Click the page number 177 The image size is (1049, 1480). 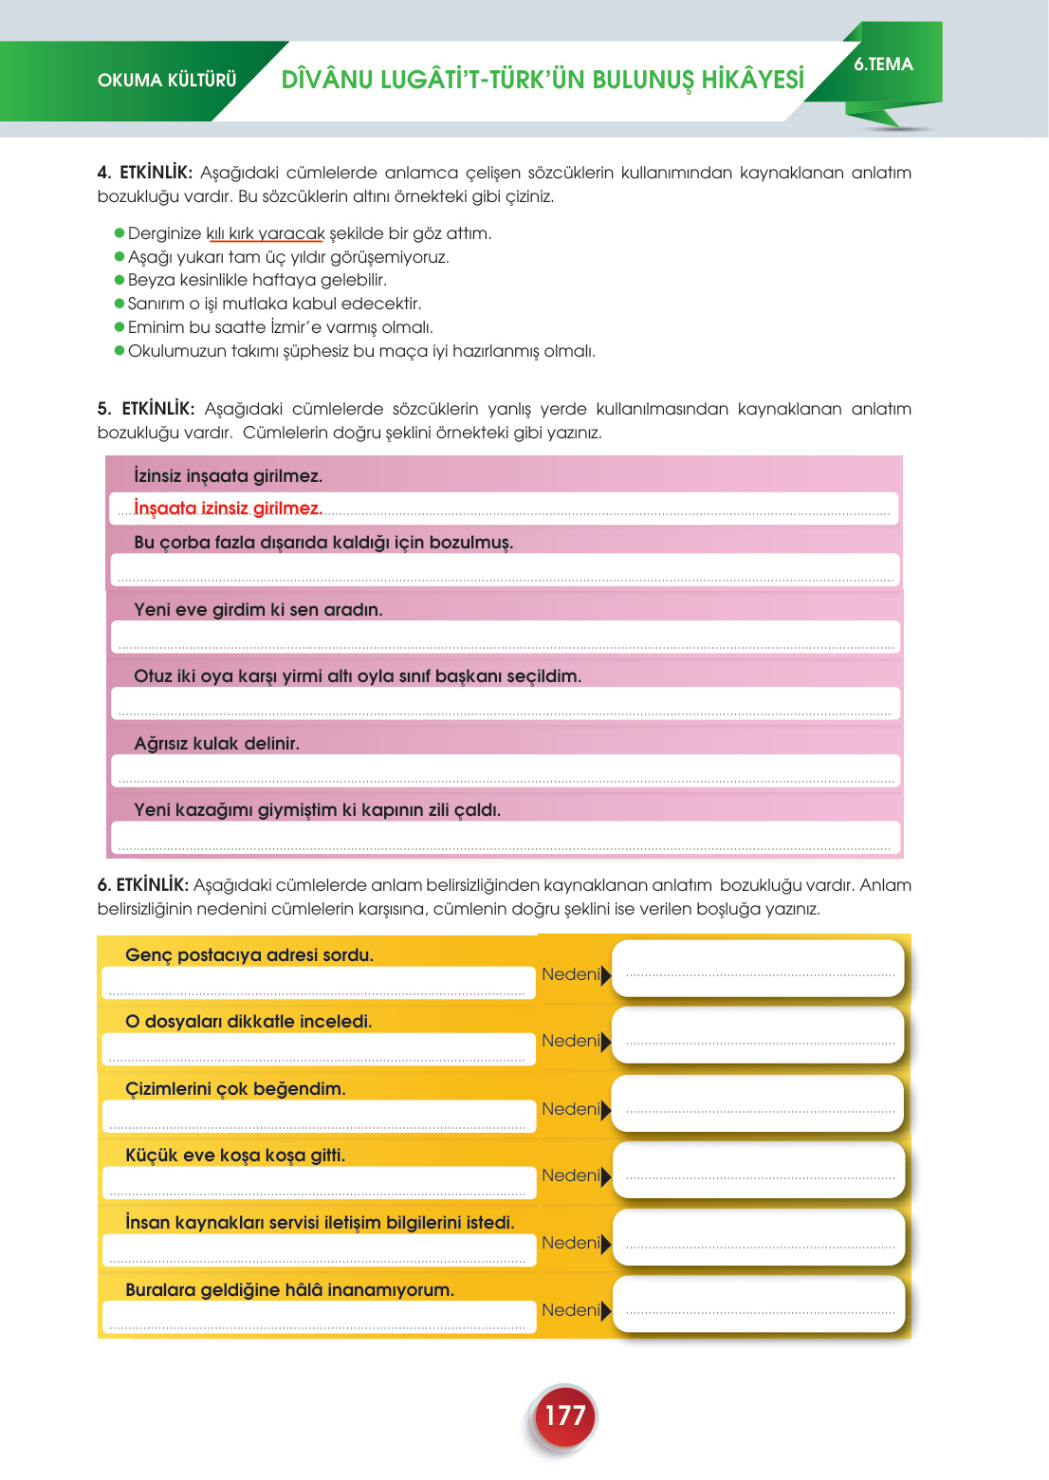pyautogui.click(x=564, y=1415)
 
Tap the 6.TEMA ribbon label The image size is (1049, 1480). pyautogui.click(x=883, y=65)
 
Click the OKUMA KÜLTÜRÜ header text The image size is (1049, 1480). pyautogui.click(x=167, y=81)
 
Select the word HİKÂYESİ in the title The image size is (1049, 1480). pyautogui.click(x=753, y=80)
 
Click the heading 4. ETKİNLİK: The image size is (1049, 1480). pyautogui.click(x=145, y=173)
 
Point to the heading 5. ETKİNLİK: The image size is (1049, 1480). pyautogui.click(x=146, y=409)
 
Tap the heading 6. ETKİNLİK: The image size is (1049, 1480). pyautogui.click(x=143, y=885)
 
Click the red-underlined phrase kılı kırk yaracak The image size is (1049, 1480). pyautogui.click(x=266, y=233)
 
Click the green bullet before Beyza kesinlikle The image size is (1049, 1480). pyautogui.click(x=120, y=280)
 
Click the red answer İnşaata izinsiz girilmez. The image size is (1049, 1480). pyautogui.click(x=228, y=509)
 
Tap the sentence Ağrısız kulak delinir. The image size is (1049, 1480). pyautogui.click(x=216, y=744)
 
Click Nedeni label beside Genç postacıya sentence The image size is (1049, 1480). pyautogui.click(x=570, y=974)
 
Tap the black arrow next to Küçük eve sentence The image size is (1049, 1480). pyautogui.click(x=606, y=1176)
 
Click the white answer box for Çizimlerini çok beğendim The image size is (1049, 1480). pyautogui.click(x=759, y=1103)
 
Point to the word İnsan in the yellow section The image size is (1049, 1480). pyautogui.click(x=148, y=1223)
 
